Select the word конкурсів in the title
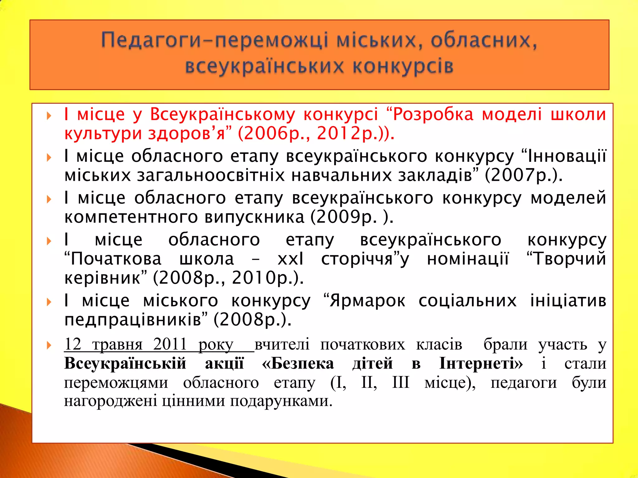403,67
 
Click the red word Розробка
433,114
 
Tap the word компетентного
131,217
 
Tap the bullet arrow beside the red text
49,116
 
